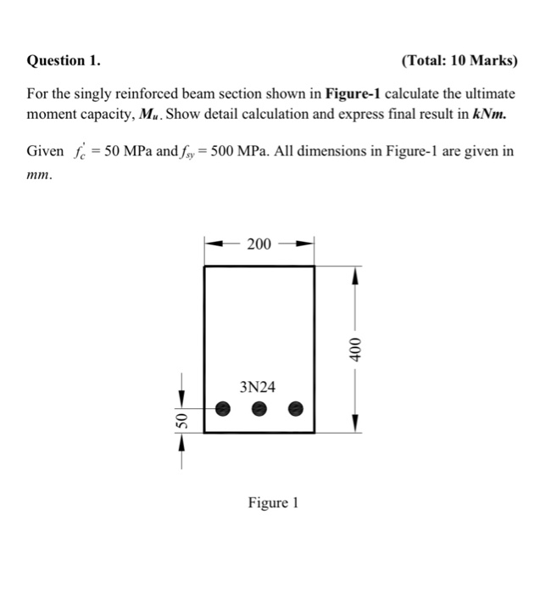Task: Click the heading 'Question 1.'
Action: click(64, 61)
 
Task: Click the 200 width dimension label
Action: click(259, 245)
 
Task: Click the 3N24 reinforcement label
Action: click(258, 388)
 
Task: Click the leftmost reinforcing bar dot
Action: click(222, 408)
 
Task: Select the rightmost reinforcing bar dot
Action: click(296, 408)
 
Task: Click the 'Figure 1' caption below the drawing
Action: click(273, 503)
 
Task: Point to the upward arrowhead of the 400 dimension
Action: click(356, 275)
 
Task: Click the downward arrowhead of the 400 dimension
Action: click(356, 424)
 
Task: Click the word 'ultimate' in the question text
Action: click(490, 93)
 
